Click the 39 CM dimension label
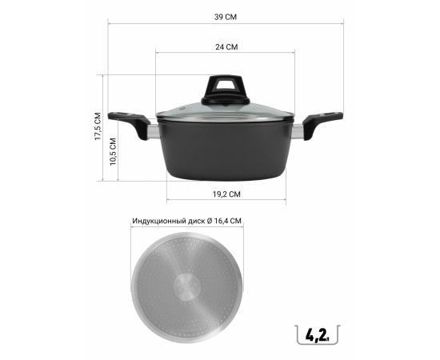click(x=226, y=17)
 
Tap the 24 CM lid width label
click(x=226, y=47)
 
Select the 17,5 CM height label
click(x=98, y=126)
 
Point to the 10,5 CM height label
click(x=113, y=152)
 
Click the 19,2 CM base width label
click(x=226, y=194)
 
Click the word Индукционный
click(x=160, y=221)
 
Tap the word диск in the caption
click(x=198, y=221)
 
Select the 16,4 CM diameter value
click(x=227, y=221)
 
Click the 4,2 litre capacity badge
click(x=318, y=334)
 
